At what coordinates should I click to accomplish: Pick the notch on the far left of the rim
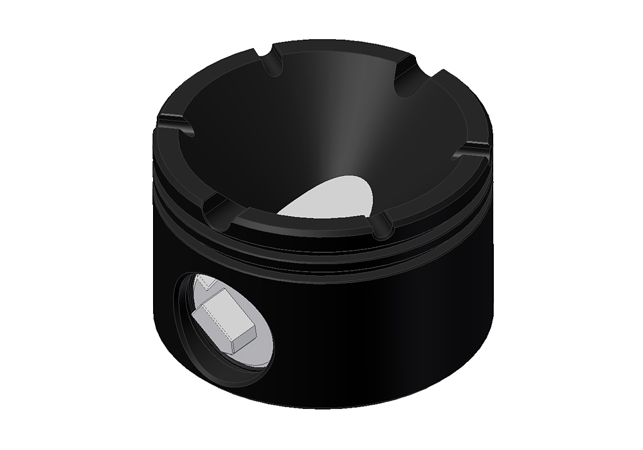click(175, 123)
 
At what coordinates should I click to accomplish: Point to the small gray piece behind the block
click(204, 280)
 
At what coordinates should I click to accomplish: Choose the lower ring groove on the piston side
click(321, 264)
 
